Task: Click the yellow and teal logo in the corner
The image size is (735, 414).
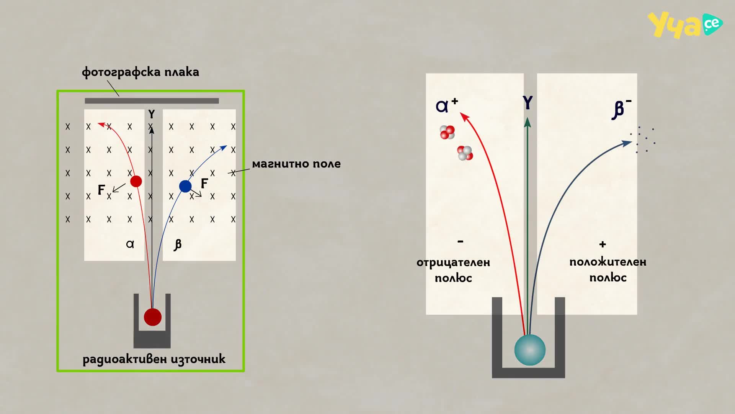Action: pyautogui.click(x=685, y=25)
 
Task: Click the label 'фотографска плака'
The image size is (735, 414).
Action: pyautogui.click(x=140, y=72)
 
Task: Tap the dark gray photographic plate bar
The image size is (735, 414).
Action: pyautogui.click(x=152, y=101)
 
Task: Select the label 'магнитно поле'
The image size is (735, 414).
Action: pyautogui.click(x=296, y=164)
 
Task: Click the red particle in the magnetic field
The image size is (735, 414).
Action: pyautogui.click(x=136, y=181)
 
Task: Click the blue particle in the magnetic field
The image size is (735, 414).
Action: pyautogui.click(x=185, y=186)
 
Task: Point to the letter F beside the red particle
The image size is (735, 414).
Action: pyautogui.click(x=101, y=190)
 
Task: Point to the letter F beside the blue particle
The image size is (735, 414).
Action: pyautogui.click(x=204, y=184)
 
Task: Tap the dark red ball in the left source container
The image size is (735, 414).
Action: pyautogui.click(x=153, y=317)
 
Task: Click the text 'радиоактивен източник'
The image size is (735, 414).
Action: pyautogui.click(x=154, y=359)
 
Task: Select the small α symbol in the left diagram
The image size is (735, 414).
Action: pyautogui.click(x=130, y=244)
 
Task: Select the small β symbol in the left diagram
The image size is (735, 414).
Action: pyautogui.click(x=178, y=245)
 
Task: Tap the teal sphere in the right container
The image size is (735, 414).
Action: pyautogui.click(x=530, y=350)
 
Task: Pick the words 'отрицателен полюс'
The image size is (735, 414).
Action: pyautogui.click(x=453, y=270)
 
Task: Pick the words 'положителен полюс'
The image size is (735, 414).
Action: pyautogui.click(x=608, y=269)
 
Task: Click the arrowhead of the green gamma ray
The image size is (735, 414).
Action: pyautogui.click(x=528, y=122)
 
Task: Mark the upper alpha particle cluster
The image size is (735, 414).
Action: pyautogui.click(x=447, y=132)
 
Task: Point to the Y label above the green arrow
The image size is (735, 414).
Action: pyautogui.click(x=528, y=103)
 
